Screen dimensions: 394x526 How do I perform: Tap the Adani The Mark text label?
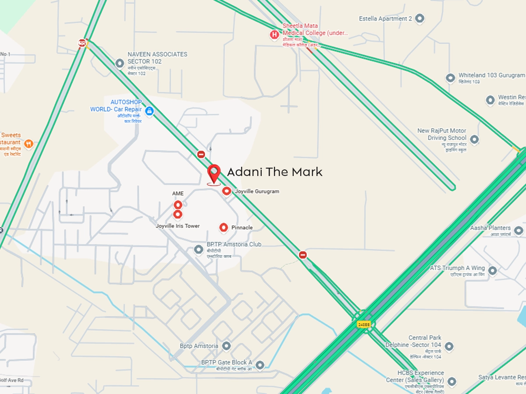274,172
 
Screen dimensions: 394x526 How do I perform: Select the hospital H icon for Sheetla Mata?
274,35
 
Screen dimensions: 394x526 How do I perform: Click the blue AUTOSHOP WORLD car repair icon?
149,111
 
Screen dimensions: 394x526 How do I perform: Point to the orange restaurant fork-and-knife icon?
28,143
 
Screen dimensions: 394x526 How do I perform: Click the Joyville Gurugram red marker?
227,191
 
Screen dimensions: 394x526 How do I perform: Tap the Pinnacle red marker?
224,227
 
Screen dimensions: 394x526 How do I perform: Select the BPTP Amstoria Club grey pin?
199,250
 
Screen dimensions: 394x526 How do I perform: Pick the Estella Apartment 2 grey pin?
420,18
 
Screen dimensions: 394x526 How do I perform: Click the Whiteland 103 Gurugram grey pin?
450,78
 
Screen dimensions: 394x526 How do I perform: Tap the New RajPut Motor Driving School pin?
474,140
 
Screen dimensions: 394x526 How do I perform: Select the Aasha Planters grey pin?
519,230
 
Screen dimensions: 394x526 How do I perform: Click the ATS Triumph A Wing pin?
492,271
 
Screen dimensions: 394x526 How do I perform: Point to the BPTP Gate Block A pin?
260,365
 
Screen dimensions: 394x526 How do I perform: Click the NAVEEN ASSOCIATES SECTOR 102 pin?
119,63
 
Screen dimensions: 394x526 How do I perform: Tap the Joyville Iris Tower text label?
178,226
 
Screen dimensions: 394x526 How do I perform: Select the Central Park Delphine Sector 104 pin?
449,347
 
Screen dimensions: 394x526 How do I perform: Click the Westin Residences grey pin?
490,100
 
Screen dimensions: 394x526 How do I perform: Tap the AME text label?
178,193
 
